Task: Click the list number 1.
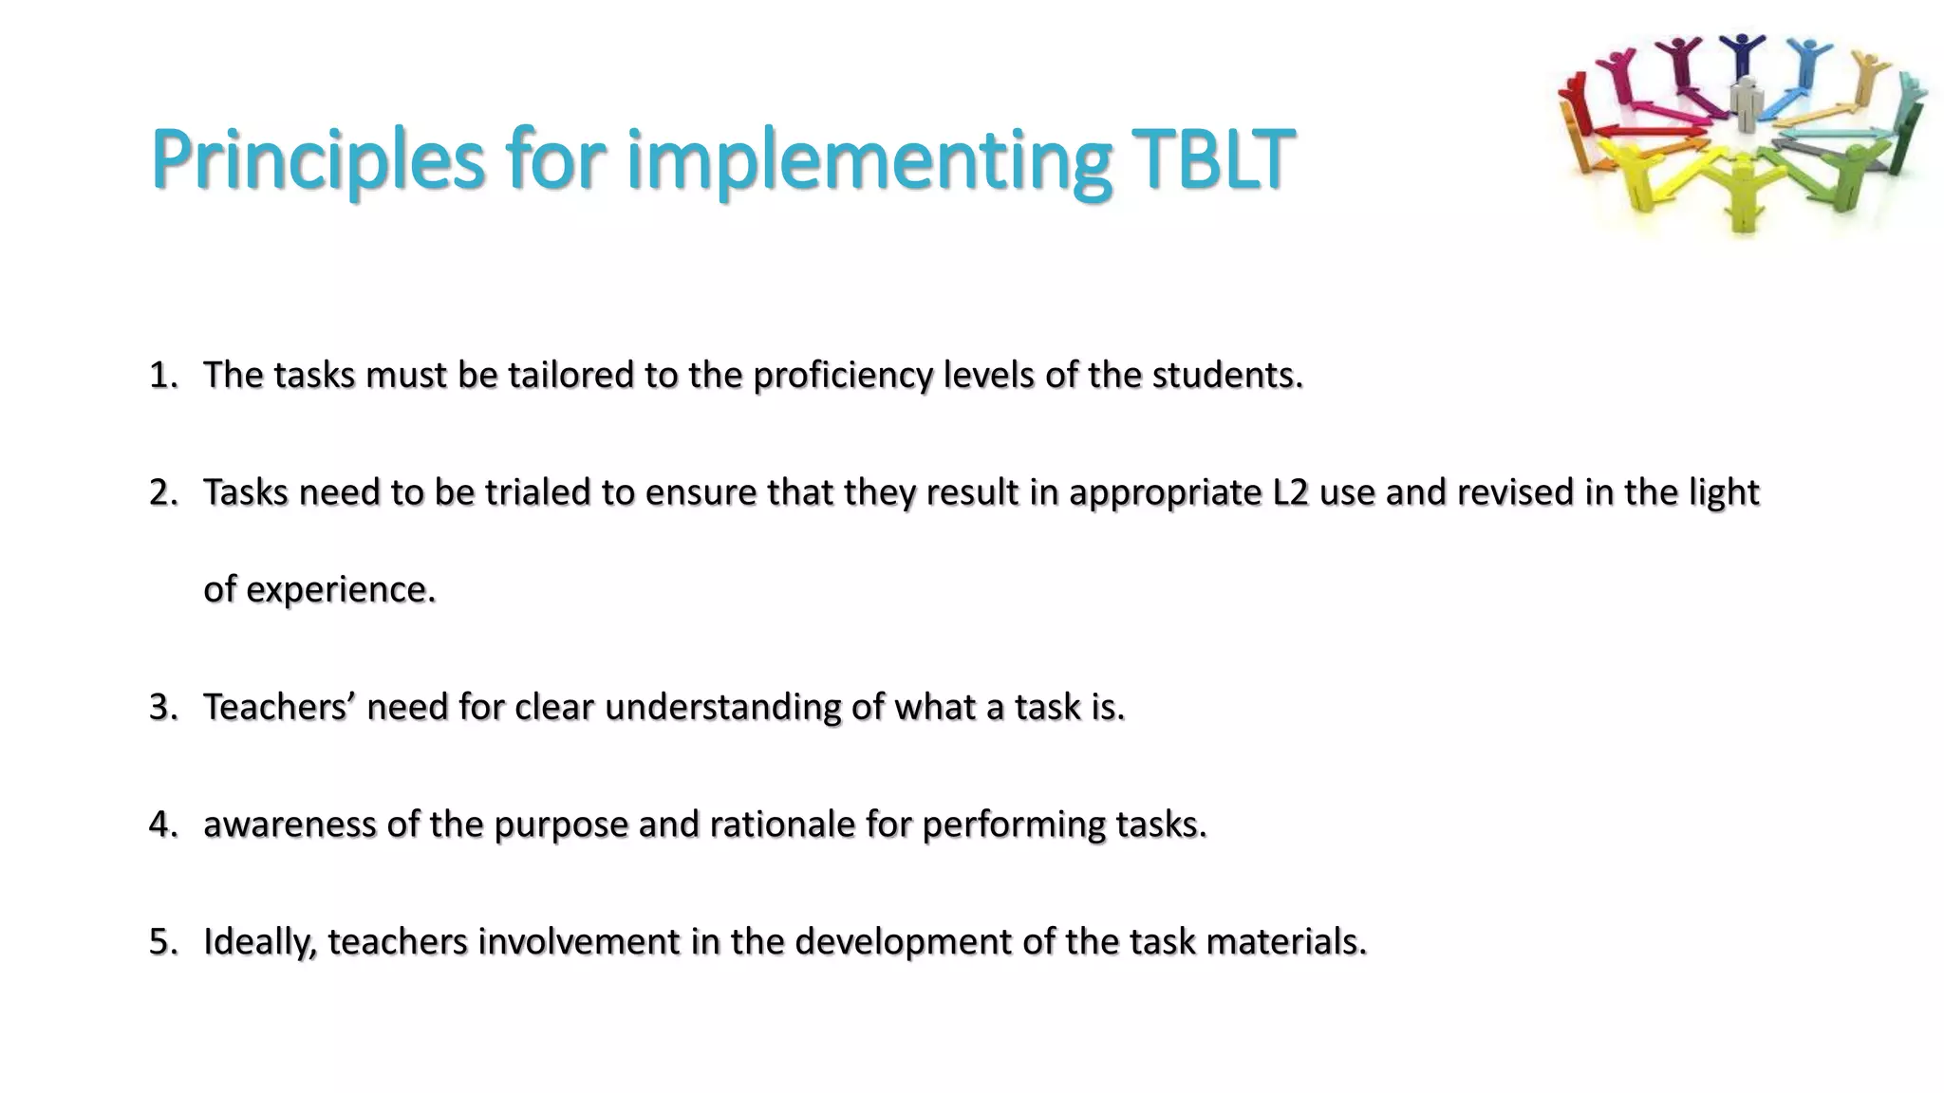(x=163, y=376)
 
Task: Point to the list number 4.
(x=163, y=824)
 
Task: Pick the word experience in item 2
(x=340, y=589)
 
